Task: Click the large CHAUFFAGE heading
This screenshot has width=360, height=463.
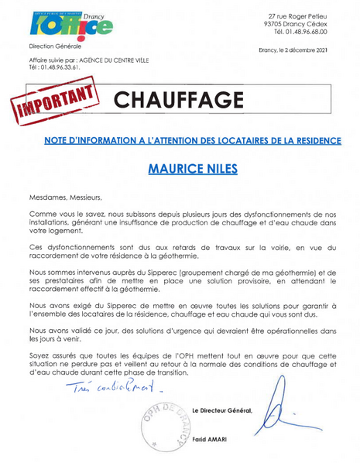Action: pos(178,99)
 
